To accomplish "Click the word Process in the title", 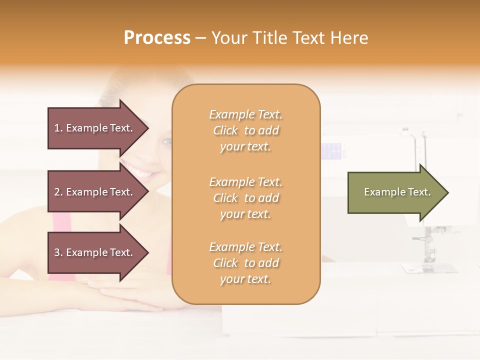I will click(x=157, y=38).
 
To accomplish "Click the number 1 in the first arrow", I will click(x=57, y=128).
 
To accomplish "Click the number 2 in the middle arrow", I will click(x=57, y=192).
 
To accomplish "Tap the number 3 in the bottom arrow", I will click(x=57, y=252).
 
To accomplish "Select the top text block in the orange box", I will click(x=245, y=130).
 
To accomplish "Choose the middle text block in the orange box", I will click(x=245, y=198).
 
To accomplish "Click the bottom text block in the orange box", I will click(x=245, y=263).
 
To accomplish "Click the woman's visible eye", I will click(x=166, y=142).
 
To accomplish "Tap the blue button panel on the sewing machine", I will click(x=332, y=149).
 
